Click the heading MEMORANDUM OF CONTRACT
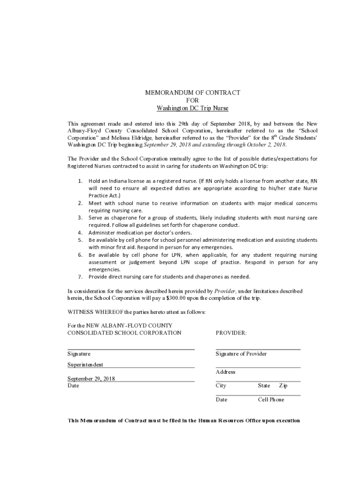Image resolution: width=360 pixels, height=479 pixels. tap(193, 93)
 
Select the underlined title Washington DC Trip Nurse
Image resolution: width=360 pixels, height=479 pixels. tap(193, 108)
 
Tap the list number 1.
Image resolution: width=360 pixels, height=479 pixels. tap(80, 181)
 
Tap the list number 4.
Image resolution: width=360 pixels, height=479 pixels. tap(80, 232)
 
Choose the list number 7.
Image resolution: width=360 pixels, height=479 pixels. tap(80, 277)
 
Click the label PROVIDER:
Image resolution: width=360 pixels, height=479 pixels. tap(231, 333)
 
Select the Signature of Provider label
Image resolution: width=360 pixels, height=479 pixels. tap(241, 354)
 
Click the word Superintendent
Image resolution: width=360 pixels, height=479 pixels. tap(85, 364)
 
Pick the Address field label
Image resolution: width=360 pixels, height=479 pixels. tap(225, 372)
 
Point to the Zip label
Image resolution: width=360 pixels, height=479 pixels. tap(283, 385)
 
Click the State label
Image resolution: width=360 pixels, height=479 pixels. tap(264, 385)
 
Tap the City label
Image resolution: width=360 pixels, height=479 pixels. tap(221, 385)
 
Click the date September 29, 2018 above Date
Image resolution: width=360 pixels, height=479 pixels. tap(91, 378)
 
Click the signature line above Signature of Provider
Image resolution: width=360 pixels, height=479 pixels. tap(258, 349)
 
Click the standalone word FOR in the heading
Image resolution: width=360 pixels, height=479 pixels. tap(193, 101)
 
